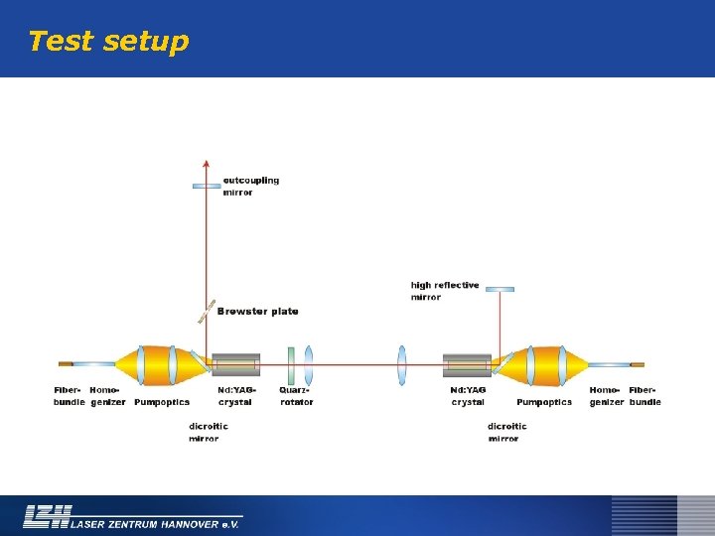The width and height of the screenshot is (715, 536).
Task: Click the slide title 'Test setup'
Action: click(x=107, y=42)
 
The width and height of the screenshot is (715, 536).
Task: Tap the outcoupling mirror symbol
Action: click(x=207, y=186)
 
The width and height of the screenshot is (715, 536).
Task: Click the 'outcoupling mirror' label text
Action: click(x=250, y=186)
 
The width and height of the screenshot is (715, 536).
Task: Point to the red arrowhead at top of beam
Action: click(x=207, y=163)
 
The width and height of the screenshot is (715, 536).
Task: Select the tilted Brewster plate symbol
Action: click(x=207, y=312)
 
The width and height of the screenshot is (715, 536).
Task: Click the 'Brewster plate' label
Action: click(x=257, y=312)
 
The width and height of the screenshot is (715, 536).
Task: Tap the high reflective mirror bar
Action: click(x=500, y=290)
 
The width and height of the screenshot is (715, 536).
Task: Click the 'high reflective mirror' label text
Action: click(x=444, y=290)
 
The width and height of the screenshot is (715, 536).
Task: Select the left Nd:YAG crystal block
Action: click(x=236, y=364)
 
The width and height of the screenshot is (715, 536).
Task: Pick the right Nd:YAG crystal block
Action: click(x=467, y=364)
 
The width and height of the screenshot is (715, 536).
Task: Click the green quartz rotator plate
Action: click(x=291, y=364)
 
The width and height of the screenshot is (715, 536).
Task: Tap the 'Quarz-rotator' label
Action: click(x=296, y=396)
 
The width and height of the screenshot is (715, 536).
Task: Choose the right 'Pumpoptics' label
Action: click(x=544, y=402)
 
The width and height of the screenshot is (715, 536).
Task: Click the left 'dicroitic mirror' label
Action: click(x=209, y=432)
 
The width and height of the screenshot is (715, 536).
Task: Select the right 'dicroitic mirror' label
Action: click(x=506, y=432)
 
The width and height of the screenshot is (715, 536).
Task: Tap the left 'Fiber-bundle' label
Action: click(x=69, y=396)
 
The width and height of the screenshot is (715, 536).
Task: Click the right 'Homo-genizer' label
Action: click(x=607, y=396)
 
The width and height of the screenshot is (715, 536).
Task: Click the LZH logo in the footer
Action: click(x=48, y=516)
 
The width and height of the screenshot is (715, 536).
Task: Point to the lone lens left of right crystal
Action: click(x=402, y=364)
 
